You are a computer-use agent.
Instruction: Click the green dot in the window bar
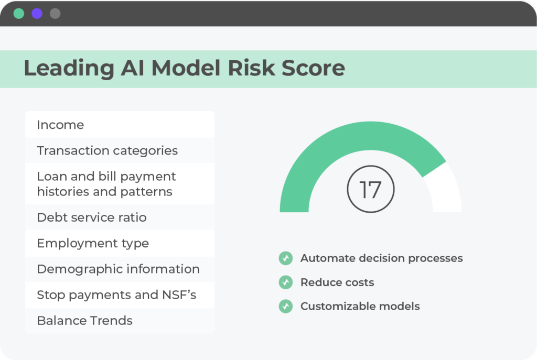coord(19,14)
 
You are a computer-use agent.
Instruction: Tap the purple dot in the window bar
coord(37,14)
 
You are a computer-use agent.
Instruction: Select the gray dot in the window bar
coord(55,14)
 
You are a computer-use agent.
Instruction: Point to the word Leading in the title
coord(69,68)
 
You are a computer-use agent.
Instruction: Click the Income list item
coord(120,125)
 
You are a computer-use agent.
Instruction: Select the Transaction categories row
coord(120,150)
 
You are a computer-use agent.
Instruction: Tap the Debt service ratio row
coord(120,217)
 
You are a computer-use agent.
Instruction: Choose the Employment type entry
coord(120,243)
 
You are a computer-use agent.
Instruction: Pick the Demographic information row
coord(120,269)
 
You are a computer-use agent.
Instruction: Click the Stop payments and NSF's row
coord(120,295)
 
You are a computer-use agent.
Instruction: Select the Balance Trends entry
coord(120,321)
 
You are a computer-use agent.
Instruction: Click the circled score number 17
coord(371,189)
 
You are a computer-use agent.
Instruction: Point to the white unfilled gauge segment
coord(445,188)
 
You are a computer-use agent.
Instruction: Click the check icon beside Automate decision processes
coord(286,258)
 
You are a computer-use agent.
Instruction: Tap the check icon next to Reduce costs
coord(286,282)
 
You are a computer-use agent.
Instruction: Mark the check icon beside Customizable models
coord(286,306)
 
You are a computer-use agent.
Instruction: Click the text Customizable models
coord(360,306)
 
